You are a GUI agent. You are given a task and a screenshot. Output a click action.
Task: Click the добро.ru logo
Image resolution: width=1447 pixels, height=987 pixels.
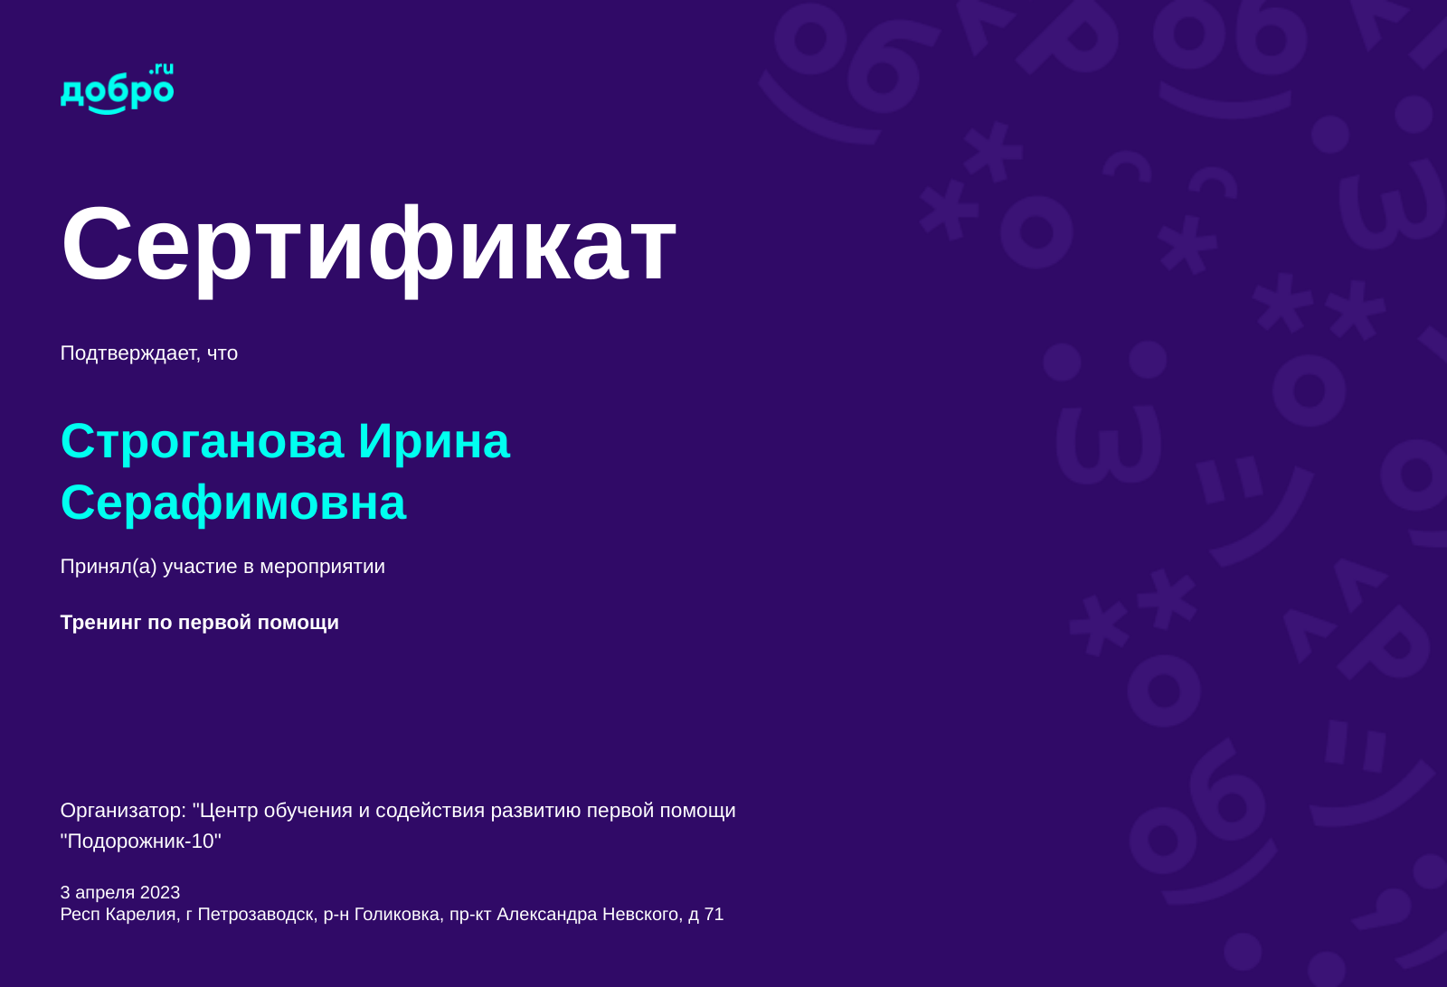(117, 89)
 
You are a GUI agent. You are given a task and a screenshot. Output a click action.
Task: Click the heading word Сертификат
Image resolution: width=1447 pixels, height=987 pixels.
(368, 244)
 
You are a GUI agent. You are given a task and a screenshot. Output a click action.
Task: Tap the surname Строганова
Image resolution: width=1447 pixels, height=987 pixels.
(202, 441)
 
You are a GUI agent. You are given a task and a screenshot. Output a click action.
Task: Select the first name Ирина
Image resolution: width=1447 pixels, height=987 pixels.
(433, 441)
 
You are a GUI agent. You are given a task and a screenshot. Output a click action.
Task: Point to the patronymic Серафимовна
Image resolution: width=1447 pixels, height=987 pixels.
(233, 503)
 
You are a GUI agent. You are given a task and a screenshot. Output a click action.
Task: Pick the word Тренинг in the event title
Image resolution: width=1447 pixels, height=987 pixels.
(100, 623)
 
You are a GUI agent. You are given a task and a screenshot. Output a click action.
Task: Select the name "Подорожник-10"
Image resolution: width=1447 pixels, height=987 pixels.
(141, 841)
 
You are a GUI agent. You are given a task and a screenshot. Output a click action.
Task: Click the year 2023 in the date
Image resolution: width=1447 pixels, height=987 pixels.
(160, 893)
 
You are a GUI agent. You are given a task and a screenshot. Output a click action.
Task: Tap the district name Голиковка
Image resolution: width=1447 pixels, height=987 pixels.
(396, 915)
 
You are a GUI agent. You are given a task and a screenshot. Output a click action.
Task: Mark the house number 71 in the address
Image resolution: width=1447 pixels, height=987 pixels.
(714, 915)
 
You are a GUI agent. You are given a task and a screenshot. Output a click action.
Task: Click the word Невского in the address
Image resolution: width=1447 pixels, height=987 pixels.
(640, 915)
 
